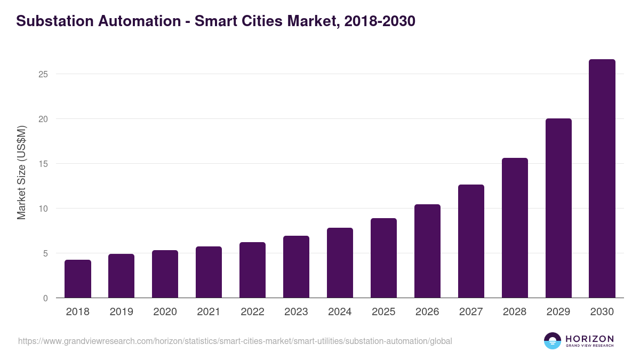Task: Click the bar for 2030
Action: (602, 179)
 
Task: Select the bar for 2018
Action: (78, 279)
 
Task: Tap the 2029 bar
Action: (558, 208)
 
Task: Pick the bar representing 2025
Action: (383, 258)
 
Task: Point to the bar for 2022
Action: (252, 270)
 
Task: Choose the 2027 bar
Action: (471, 241)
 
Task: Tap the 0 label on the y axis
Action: (45, 298)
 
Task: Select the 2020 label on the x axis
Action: (165, 312)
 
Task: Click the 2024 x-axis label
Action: (340, 312)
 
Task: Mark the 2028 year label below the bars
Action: (515, 312)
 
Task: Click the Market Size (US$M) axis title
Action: (21, 172)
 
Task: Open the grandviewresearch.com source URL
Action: (235, 341)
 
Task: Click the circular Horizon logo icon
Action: (553, 341)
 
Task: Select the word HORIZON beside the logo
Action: (589, 339)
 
